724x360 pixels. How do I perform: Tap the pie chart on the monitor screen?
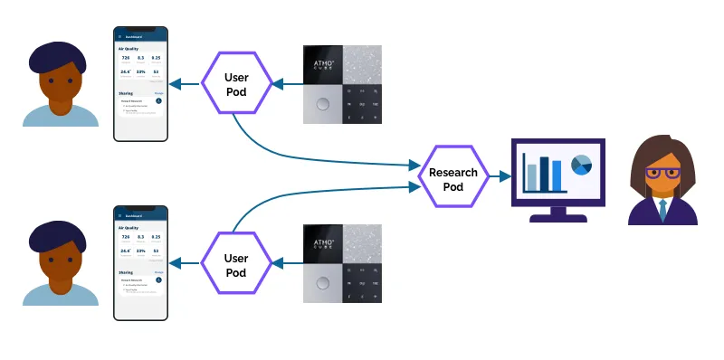581,165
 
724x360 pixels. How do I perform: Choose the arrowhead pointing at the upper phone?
176,85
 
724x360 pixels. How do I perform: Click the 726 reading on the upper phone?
126,58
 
